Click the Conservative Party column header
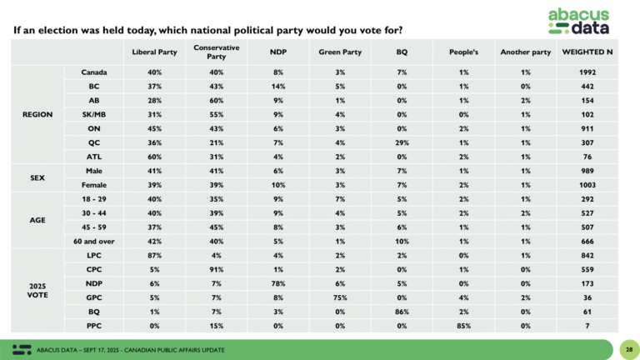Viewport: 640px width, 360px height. [x=211, y=52]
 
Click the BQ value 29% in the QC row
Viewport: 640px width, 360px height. [x=402, y=144]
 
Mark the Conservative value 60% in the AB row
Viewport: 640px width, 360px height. [x=211, y=102]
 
